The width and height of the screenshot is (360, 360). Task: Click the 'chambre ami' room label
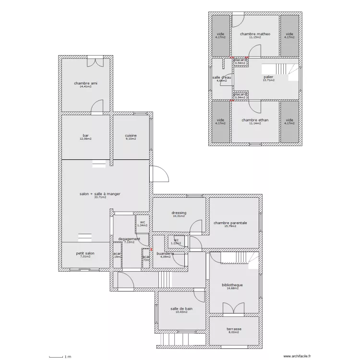point(86,84)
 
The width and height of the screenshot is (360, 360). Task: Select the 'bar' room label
point(86,135)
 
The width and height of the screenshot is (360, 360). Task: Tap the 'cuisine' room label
point(131,135)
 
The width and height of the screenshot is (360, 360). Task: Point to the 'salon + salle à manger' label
point(100,194)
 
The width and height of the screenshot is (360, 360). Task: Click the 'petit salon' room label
point(85,253)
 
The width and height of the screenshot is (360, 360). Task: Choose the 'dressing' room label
point(179,213)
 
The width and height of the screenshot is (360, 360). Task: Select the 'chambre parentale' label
point(230,223)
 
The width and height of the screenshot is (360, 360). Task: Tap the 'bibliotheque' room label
point(232,285)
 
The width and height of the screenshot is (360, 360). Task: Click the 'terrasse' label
point(234,329)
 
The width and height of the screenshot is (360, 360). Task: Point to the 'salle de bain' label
point(181,309)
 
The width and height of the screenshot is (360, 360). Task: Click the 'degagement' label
point(129,239)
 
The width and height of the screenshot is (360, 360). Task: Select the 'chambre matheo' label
point(255,34)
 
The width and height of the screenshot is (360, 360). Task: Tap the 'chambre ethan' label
point(255,120)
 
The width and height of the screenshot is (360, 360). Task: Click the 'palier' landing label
point(268,77)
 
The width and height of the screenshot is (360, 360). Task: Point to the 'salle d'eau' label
point(222,77)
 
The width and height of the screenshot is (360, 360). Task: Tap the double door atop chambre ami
point(95,61)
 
